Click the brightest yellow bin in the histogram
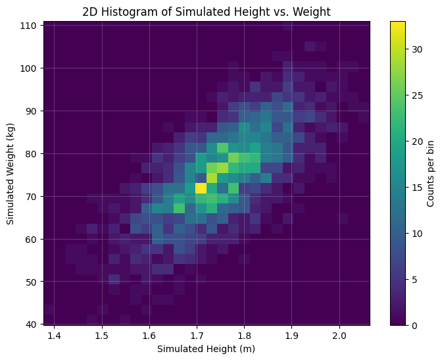point(201,188)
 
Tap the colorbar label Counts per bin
point(430,173)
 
